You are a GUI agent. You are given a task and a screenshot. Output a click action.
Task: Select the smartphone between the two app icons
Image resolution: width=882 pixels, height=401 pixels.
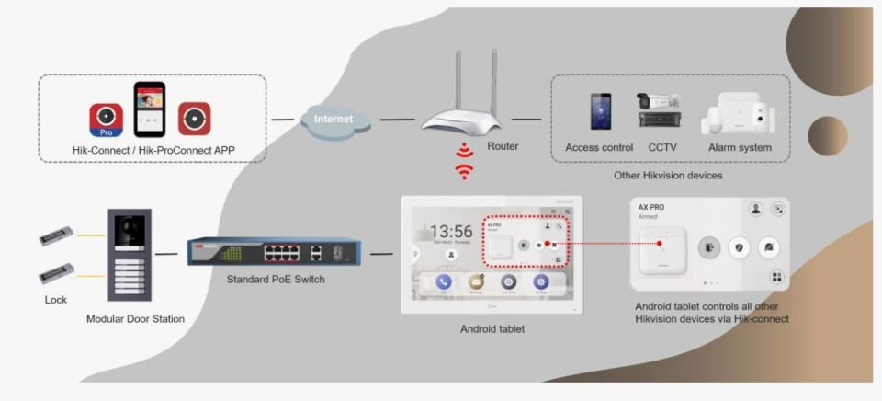pyautogui.click(x=149, y=109)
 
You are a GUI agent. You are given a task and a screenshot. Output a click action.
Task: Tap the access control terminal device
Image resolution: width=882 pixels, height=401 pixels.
pyautogui.click(x=600, y=111)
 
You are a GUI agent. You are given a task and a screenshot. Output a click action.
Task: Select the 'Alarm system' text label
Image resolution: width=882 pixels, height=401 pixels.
pyautogui.click(x=740, y=147)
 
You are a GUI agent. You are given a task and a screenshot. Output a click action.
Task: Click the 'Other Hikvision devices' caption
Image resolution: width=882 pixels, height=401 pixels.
pyautogui.click(x=668, y=175)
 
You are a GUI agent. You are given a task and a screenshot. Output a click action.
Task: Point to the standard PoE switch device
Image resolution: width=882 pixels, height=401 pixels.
pyautogui.click(x=274, y=251)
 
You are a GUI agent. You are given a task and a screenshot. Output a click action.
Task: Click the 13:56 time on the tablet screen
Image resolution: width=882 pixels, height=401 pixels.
pyautogui.click(x=451, y=232)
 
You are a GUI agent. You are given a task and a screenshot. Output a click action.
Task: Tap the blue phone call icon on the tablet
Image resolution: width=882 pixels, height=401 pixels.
pyautogui.click(x=443, y=282)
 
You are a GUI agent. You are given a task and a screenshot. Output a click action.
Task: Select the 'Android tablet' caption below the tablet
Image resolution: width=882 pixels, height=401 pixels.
pyautogui.click(x=492, y=329)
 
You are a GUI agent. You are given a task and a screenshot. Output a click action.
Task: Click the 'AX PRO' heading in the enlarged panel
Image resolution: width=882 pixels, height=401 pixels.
pyautogui.click(x=652, y=208)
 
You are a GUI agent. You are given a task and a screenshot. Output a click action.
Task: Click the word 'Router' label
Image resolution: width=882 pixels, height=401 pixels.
pyautogui.click(x=503, y=146)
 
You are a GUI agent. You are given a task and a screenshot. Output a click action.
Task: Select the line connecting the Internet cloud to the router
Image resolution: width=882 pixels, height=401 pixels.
pyautogui.click(x=397, y=120)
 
